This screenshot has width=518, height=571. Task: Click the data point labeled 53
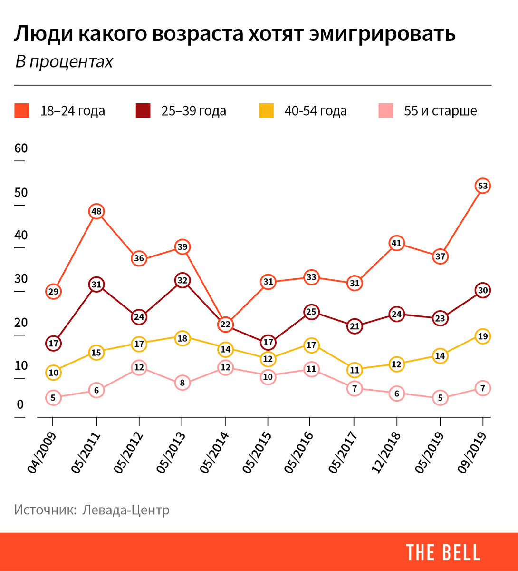pyautogui.click(x=483, y=186)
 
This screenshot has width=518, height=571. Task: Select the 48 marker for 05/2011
pyautogui.click(x=96, y=212)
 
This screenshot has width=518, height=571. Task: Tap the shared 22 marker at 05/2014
pyautogui.click(x=225, y=325)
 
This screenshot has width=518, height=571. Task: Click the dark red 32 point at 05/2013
pyautogui.click(x=182, y=280)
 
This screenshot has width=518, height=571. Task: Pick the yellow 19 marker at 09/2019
pyautogui.click(x=483, y=336)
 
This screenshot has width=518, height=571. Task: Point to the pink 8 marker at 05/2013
pyautogui.click(x=182, y=383)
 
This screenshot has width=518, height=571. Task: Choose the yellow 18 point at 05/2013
pyautogui.click(x=182, y=338)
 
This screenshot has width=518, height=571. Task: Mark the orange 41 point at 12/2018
pyautogui.click(x=396, y=244)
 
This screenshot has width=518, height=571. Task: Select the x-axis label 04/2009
pyautogui.click(x=41, y=453)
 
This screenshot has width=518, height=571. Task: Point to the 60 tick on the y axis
pyautogui.click(x=21, y=148)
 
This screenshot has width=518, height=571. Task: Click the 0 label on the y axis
pyautogui.click(x=20, y=405)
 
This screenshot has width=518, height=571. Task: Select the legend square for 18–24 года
pyautogui.click(x=22, y=111)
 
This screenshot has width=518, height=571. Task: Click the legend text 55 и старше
pyautogui.click(x=440, y=111)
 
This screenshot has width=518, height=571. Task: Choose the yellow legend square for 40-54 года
pyautogui.click(x=266, y=111)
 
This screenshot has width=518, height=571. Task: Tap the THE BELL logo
pyautogui.click(x=443, y=552)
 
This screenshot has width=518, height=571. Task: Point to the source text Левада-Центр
pyautogui.click(x=125, y=510)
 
